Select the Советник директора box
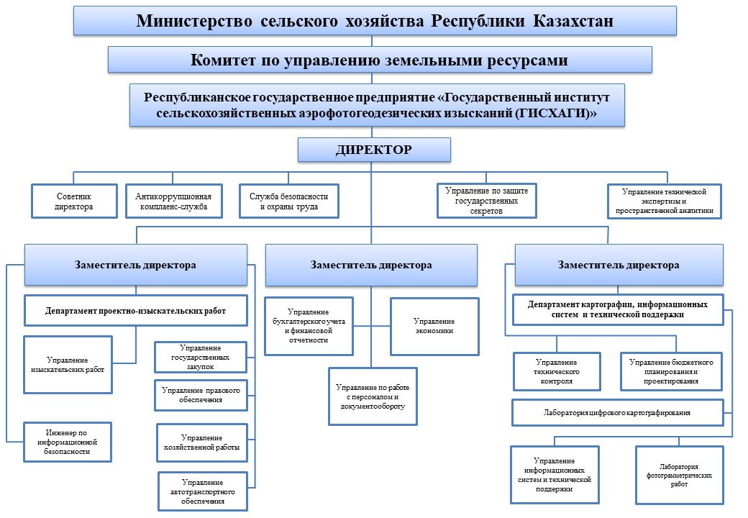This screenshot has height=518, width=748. coord(74,201)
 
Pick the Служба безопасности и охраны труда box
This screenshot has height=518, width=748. coord(288,201)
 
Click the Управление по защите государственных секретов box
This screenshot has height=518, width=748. coord(487,201)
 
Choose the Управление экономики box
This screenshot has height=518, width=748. coord(434,325)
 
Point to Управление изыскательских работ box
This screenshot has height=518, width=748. coord(68,364)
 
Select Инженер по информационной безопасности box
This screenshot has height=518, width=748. coord(68,441)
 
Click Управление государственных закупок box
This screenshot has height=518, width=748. coord(201,356)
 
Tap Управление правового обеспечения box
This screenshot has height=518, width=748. coord(201,394)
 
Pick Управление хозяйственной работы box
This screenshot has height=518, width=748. coord(201,442)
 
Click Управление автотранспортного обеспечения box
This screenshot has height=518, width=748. coord(202,491)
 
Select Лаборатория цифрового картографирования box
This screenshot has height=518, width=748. coord(617,413)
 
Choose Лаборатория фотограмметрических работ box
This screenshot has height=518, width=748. coord(679,475)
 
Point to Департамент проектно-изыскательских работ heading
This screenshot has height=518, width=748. coord(136,311)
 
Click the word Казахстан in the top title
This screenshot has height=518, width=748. coord(573,21)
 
